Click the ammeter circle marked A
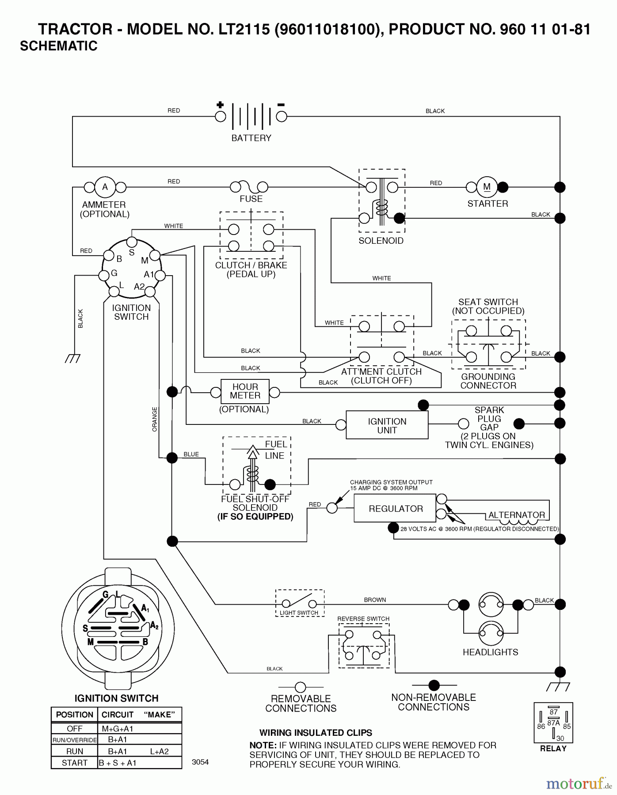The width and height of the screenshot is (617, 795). click(x=105, y=187)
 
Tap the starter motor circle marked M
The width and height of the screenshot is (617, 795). click(x=487, y=187)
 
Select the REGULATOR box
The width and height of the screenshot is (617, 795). click(x=395, y=508)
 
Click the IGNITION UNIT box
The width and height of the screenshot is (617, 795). click(x=387, y=425)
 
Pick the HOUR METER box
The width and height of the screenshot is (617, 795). click(x=245, y=391)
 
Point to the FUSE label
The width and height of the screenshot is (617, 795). click(x=251, y=199)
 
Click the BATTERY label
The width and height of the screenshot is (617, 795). click(x=251, y=138)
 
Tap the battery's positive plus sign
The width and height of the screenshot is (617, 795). click(x=220, y=105)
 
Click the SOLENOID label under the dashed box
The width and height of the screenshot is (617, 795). click(x=381, y=241)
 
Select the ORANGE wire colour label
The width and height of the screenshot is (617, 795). click(x=155, y=419)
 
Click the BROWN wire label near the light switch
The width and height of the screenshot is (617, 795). click(x=375, y=600)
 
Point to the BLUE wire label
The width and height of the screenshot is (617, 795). click(x=191, y=454)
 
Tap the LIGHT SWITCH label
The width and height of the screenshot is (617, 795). click(x=299, y=613)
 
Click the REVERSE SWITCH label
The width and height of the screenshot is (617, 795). click(x=363, y=619)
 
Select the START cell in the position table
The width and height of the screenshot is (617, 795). click(x=74, y=763)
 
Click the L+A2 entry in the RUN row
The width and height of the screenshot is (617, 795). click(x=159, y=751)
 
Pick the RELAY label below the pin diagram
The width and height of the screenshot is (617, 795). click(x=553, y=749)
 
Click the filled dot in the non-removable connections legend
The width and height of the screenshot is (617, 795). click(x=434, y=685)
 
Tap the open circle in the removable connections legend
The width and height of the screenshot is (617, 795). click(x=301, y=687)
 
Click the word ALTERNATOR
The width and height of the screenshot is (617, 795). click(x=516, y=515)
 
